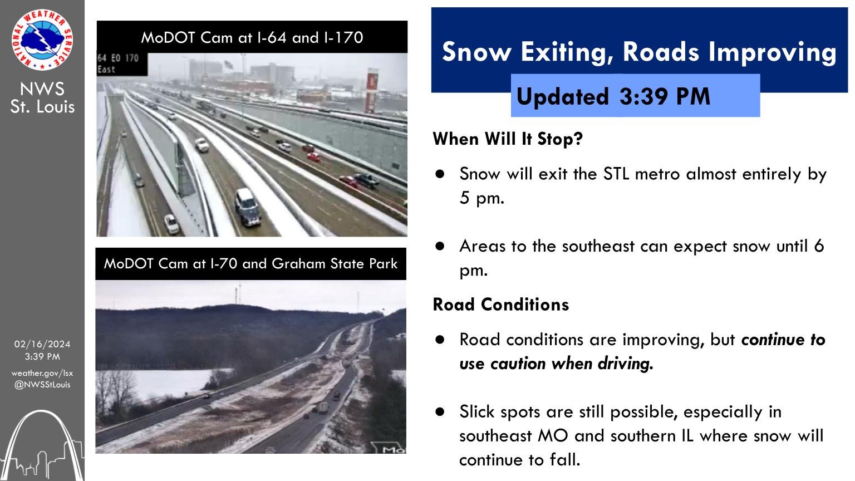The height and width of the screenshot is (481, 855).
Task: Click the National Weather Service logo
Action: point(42,40)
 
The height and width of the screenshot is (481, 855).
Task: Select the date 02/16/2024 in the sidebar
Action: point(42,344)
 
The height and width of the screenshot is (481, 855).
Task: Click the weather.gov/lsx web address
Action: point(42,373)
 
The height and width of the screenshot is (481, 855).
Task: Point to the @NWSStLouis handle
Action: point(42,385)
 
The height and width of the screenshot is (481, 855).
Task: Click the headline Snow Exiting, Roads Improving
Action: point(639,52)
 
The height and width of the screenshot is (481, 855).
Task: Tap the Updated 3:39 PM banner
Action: point(635,95)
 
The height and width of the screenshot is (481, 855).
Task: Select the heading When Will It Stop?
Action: point(508,139)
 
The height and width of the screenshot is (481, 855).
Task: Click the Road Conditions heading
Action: point(501,305)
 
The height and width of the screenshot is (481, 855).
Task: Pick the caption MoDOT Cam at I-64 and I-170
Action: point(252,37)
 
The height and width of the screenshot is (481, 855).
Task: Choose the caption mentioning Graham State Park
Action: point(251,263)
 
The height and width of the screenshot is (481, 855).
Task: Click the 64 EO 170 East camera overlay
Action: point(119,63)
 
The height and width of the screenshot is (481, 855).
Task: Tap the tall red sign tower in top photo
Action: point(372,91)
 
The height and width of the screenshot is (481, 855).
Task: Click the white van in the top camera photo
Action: point(247,207)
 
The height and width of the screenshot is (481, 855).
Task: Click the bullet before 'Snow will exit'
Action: point(440,174)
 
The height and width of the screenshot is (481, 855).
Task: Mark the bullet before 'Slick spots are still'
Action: point(440,412)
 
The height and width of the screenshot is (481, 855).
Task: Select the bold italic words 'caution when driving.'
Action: point(572,364)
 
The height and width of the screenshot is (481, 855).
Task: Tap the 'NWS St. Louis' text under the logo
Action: point(42,98)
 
